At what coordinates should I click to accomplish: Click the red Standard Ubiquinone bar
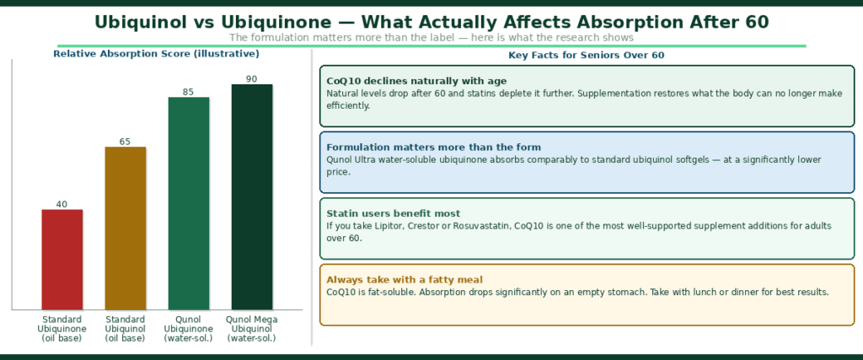coord(62,259)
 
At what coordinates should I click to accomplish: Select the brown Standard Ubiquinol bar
coord(126,228)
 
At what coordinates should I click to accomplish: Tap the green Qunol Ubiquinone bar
coord(189,203)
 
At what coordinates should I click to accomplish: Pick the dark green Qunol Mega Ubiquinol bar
coord(252,196)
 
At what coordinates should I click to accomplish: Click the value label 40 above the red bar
coord(62,204)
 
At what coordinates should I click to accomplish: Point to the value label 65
coord(126,142)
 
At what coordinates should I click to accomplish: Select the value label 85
coord(189,92)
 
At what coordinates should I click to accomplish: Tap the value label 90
coord(252,79)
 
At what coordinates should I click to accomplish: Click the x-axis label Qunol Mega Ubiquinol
coord(252,329)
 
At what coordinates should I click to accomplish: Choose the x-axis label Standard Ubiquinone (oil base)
coord(62,329)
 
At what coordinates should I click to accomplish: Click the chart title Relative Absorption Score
coord(156,54)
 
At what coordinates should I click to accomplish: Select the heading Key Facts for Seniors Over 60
coord(587,56)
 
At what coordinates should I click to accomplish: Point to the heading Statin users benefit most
coord(383,213)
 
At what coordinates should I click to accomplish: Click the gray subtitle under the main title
coord(431,37)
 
